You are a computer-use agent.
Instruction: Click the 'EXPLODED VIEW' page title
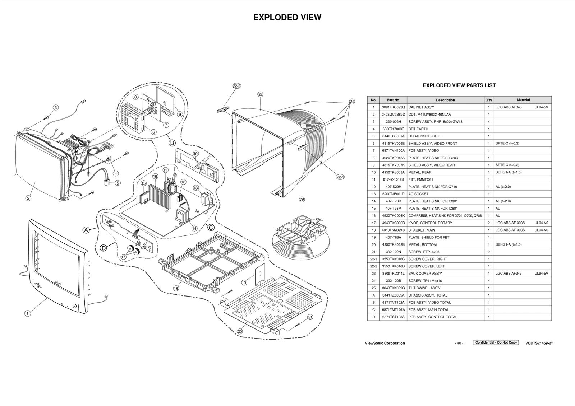pos(287,18)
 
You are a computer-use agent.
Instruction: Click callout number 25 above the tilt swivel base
pos(302,200)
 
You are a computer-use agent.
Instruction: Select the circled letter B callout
pos(172,143)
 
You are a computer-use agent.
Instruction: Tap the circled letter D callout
pos(103,248)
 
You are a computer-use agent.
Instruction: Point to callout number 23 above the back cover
pos(260,95)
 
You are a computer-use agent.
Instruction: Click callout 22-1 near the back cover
pos(340,177)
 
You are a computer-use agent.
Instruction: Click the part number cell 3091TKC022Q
pos(393,107)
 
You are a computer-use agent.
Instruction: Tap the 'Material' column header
pos(523,100)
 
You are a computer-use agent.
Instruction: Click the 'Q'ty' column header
pos(488,100)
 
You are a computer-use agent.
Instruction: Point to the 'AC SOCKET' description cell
pos(418,194)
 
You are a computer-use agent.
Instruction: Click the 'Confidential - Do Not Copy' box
pos(496,342)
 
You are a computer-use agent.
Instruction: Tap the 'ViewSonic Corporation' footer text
pos(385,343)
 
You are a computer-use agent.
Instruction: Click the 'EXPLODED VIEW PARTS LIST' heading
pos(459,85)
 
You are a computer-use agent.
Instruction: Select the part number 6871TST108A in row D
pos(393,317)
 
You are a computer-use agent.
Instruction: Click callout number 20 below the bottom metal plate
pos(240,332)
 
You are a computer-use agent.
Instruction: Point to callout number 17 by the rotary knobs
pos(123,257)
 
